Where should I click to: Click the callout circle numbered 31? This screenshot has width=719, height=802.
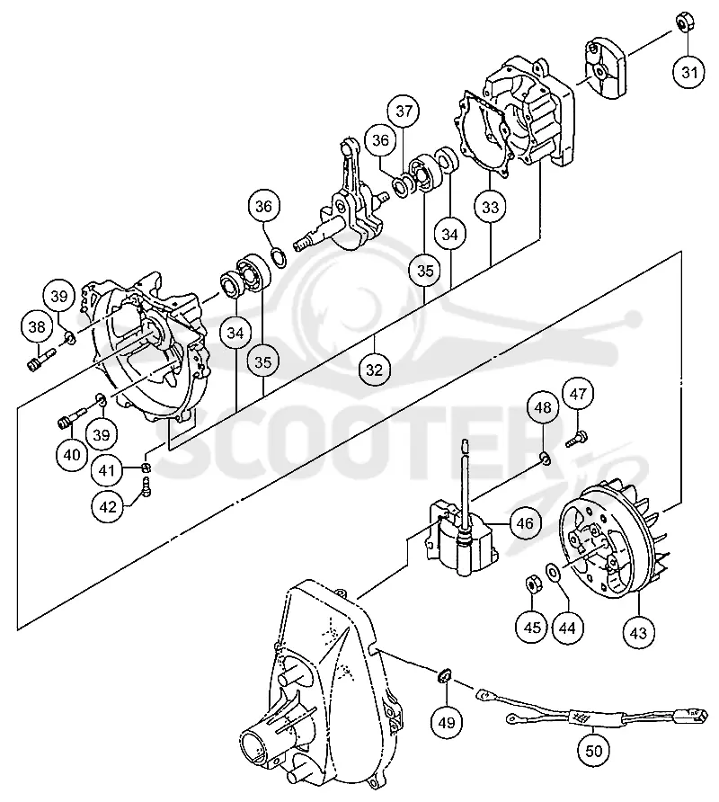pyautogui.click(x=689, y=72)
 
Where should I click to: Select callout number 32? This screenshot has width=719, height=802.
pyautogui.click(x=375, y=370)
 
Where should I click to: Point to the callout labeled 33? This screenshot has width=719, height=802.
pyautogui.click(x=490, y=207)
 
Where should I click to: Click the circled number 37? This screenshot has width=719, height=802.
pyautogui.click(x=404, y=111)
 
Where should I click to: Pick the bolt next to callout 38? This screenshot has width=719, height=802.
pyautogui.click(x=40, y=360)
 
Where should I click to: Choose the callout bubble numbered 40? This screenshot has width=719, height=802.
pyautogui.click(x=72, y=454)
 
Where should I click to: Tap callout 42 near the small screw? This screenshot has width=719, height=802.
pyautogui.click(x=108, y=507)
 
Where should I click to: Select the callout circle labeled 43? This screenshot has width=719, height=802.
pyautogui.click(x=639, y=633)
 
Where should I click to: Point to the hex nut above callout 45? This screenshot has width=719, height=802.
pyautogui.click(x=531, y=584)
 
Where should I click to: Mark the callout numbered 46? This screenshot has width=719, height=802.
pyautogui.click(x=525, y=523)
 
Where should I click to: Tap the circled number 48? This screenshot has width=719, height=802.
pyautogui.click(x=543, y=407)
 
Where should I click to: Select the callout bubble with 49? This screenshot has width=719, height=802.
pyautogui.click(x=447, y=722)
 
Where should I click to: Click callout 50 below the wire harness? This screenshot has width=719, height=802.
pyautogui.click(x=594, y=751)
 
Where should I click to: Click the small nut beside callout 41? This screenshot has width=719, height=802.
pyautogui.click(x=146, y=468)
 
